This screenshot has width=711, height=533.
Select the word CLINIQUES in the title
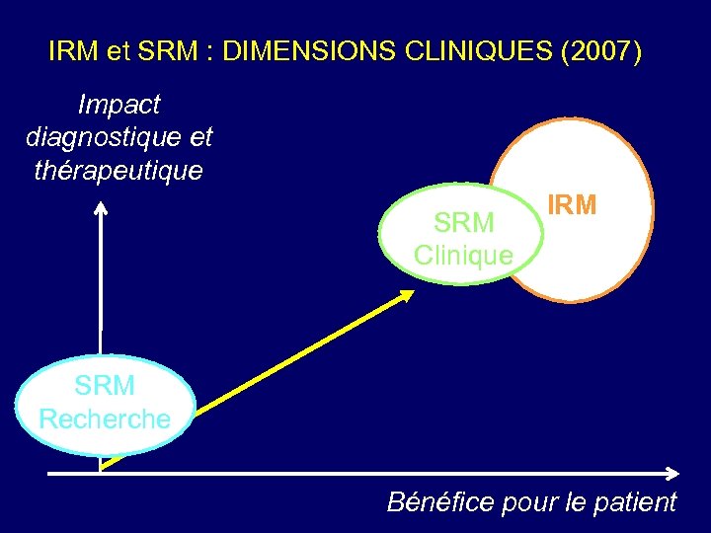(x=468, y=51)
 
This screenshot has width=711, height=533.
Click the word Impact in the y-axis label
(x=119, y=105)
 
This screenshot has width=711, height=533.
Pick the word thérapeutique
(x=118, y=170)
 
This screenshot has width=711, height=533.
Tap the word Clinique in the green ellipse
(x=463, y=256)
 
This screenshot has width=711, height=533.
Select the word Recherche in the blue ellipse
(x=105, y=419)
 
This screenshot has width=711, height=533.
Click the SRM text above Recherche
(x=105, y=385)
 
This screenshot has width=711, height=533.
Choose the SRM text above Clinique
(x=464, y=223)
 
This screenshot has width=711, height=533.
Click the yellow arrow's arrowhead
(x=408, y=296)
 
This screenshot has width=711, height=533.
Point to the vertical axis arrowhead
(x=100, y=208)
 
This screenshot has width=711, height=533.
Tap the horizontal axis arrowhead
(x=673, y=473)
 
